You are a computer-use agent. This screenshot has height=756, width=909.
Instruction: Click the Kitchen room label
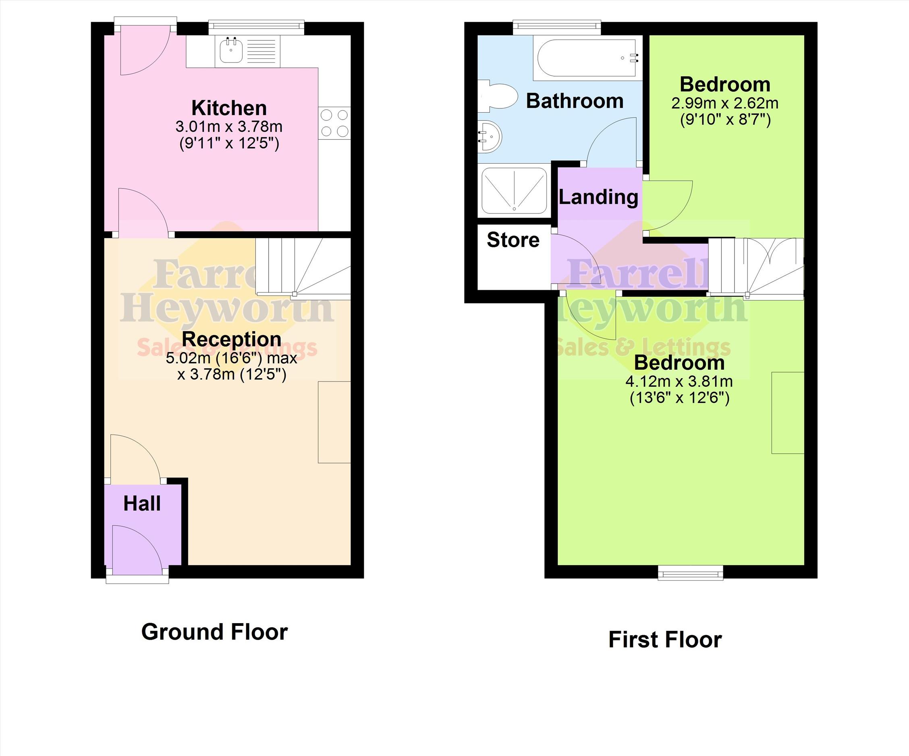[x=229, y=108]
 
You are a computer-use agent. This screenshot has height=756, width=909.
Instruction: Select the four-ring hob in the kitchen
[x=334, y=123]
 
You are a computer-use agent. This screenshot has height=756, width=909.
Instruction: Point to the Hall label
[x=142, y=504]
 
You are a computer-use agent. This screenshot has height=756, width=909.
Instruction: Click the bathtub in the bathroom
[x=587, y=58]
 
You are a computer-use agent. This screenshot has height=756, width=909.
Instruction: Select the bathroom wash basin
[x=490, y=137]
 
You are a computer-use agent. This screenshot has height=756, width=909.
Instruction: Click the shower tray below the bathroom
[x=514, y=191]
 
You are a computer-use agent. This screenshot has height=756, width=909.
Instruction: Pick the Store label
[x=513, y=240]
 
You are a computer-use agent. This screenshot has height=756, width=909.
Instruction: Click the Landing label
[x=598, y=197]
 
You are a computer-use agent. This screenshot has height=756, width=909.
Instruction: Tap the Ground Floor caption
[x=214, y=632]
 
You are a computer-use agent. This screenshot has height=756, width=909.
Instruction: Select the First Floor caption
[x=665, y=640]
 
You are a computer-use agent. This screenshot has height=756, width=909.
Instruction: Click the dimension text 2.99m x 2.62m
[x=725, y=104]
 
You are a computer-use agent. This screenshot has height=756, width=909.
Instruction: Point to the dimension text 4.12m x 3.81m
[x=679, y=382]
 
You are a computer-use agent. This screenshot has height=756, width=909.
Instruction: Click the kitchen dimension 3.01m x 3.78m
[x=229, y=127]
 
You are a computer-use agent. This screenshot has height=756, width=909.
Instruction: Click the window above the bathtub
[x=557, y=27]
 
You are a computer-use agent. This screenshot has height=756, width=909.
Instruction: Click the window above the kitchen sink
[x=256, y=27]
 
